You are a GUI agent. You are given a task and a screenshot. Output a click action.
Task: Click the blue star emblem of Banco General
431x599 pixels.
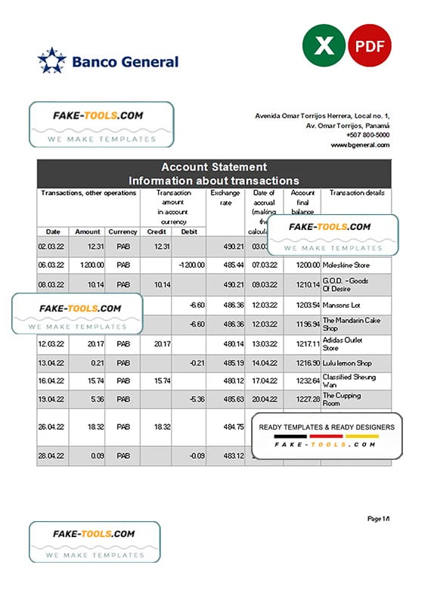(x=51, y=61)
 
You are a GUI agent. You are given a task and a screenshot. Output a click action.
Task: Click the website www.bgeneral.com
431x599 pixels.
(x=360, y=144)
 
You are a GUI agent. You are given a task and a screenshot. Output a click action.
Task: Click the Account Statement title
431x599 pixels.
(x=213, y=167)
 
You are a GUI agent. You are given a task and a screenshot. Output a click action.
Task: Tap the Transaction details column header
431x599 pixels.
(x=357, y=193)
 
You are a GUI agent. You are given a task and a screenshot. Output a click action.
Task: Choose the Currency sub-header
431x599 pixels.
(x=122, y=231)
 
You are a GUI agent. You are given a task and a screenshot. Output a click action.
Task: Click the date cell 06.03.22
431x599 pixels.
(x=52, y=265)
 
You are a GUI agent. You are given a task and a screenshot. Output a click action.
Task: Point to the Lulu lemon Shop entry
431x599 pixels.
(x=347, y=364)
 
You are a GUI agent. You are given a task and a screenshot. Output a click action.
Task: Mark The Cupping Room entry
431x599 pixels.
(x=343, y=399)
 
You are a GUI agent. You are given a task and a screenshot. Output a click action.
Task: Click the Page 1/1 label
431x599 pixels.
(x=378, y=518)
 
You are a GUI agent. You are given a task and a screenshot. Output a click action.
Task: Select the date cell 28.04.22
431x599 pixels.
(x=52, y=456)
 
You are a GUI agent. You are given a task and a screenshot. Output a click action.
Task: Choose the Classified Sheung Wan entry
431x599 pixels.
(x=348, y=380)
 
